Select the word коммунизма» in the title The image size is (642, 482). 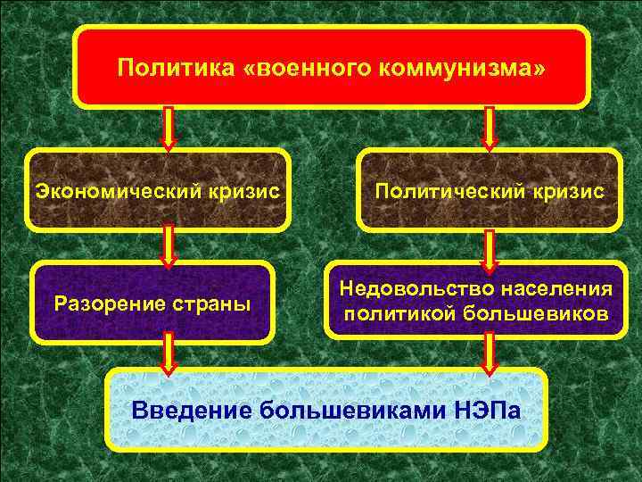click(460, 68)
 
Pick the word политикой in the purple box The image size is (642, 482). click(389, 314)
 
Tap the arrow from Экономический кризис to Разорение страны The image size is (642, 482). click(169, 247)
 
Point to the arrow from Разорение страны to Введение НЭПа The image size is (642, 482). click(169, 354)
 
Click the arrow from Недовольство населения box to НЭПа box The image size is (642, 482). click(489, 355)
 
